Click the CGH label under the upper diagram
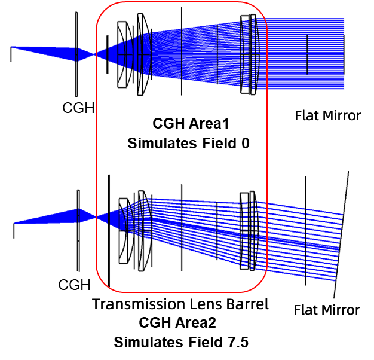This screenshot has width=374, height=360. (x=78, y=108)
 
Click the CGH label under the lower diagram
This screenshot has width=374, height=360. (x=75, y=285)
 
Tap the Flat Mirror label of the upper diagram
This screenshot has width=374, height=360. (x=328, y=115)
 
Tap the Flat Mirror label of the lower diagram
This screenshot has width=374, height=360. (x=327, y=310)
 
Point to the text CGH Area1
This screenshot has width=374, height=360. (x=191, y=123)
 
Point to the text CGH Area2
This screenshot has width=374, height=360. (x=177, y=322)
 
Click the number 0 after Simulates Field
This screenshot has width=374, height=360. (x=245, y=144)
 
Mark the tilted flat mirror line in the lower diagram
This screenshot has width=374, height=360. (x=341, y=234)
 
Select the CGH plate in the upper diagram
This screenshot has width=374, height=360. (x=76, y=54)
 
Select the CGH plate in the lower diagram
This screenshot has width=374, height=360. (x=78, y=231)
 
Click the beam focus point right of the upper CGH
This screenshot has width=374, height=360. (x=95, y=54)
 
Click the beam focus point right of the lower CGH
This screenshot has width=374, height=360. (x=96, y=217)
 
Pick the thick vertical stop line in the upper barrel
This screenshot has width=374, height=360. (x=108, y=54)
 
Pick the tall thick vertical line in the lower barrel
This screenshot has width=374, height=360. (x=109, y=231)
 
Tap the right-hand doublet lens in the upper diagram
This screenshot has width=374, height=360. (x=250, y=54)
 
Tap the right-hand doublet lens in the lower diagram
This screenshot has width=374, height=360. (x=249, y=231)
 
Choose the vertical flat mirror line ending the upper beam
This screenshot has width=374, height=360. (x=344, y=54)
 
